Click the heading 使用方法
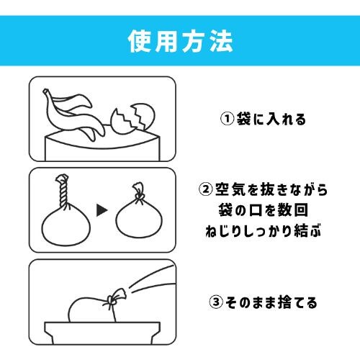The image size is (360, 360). coord(181,41)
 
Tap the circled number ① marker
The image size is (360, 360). coord(227,119)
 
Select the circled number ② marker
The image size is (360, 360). coord(206,189)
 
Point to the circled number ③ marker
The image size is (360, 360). coord(216,302)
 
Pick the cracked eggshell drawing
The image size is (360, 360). coord(132,118)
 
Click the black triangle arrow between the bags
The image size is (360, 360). coord(102,210)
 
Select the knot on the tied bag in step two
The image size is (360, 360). coord(139,196)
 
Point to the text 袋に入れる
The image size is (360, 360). coord(271,119)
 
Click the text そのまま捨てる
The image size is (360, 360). coord(271,302)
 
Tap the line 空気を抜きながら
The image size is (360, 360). coord(271,189)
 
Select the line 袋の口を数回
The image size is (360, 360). coord(264,210)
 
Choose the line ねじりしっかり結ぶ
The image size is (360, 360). coord(264,231)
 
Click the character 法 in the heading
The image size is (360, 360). coord(222,41)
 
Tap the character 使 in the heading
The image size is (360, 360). coord(140,41)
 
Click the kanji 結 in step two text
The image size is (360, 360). coord(301,231)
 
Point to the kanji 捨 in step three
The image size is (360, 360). coord(284,302)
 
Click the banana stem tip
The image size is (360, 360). coord(45,91)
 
